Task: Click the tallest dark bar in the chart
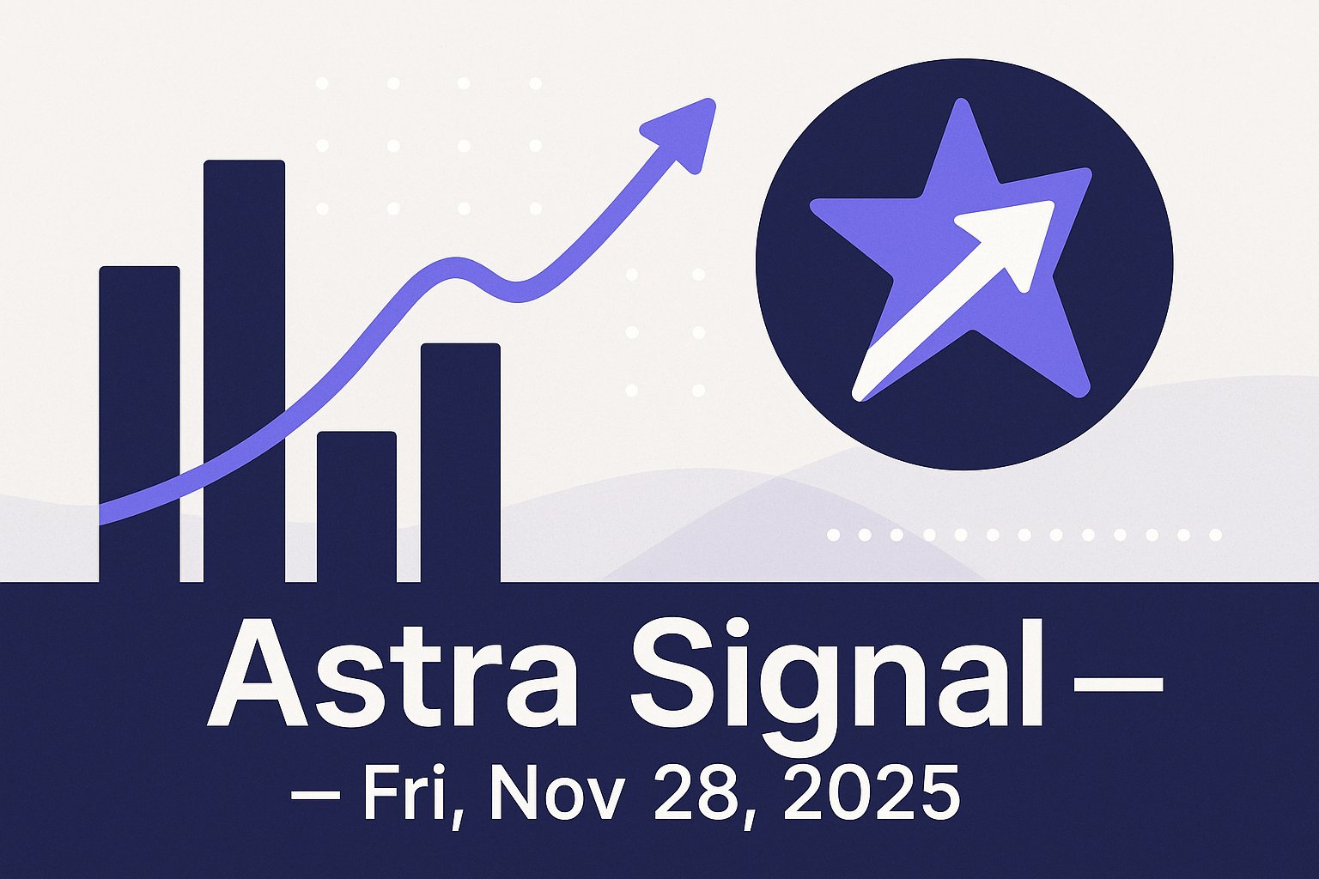pos(244,369)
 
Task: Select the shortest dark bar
pos(356,506)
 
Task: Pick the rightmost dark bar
pos(460,464)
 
